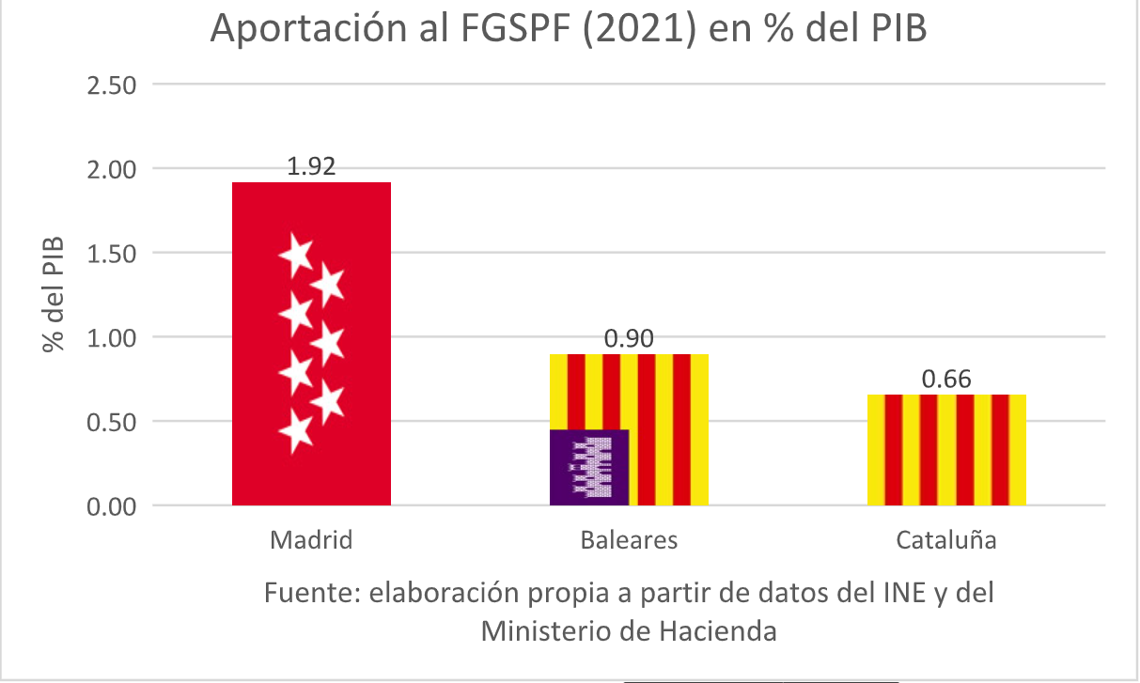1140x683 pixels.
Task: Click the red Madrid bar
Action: [x=311, y=344]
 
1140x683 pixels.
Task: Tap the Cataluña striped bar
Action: [x=945, y=450]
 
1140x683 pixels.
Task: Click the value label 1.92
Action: [x=311, y=166]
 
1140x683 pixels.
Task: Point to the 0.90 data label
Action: [x=629, y=339]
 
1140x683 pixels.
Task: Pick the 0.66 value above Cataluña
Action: [x=945, y=380]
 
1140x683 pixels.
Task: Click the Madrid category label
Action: [x=311, y=541]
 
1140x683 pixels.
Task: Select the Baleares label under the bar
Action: [x=629, y=541]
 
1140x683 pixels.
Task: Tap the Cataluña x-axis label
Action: [x=945, y=541]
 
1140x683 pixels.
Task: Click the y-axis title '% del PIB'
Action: [x=55, y=294]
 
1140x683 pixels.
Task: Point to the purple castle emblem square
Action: [x=589, y=467]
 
